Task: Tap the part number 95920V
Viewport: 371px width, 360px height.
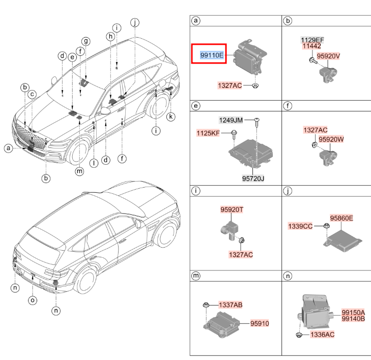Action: coord(328,56)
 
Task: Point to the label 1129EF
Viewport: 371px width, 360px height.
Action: coord(312,40)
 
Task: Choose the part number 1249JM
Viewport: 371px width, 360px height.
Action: coord(231,120)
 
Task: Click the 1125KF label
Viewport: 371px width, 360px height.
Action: coord(209,133)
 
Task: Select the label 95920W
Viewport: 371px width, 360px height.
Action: coord(331,139)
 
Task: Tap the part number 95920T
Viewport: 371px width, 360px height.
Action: coord(232,209)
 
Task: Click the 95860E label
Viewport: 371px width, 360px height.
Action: coord(341,218)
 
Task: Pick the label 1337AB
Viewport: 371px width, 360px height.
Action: coord(230,305)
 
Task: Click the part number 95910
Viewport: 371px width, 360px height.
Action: coord(260,323)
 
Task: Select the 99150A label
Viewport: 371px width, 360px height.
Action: coord(353,312)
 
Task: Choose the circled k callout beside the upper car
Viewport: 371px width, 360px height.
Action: coord(171,117)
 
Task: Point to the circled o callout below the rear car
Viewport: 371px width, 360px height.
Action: coord(32,300)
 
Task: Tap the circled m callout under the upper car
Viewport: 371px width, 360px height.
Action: coord(79,171)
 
